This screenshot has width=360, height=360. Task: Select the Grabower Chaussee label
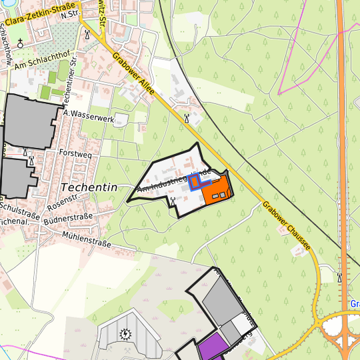point(286,226)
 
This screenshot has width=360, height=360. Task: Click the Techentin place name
point(89,187)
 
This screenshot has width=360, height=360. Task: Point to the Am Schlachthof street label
point(41,62)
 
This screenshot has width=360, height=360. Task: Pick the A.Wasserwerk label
point(89,115)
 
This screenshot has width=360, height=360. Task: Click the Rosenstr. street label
point(64,199)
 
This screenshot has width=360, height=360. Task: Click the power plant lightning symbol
point(125,333)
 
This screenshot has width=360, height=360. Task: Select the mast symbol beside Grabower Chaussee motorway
point(340,277)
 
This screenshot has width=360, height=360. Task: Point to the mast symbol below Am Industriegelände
point(173,200)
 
